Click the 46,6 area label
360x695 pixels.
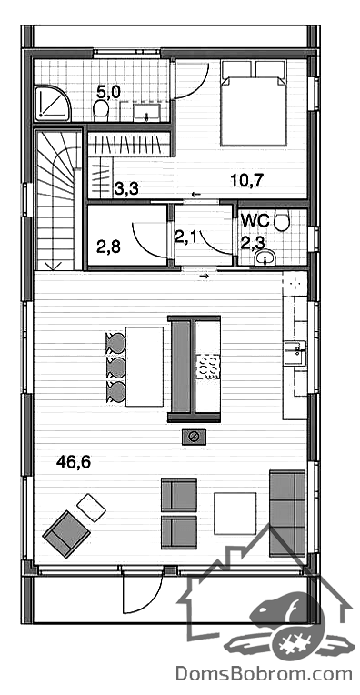point(74,462)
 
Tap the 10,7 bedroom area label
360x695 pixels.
point(247,180)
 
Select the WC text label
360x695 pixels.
point(255,220)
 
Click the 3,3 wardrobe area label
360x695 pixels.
point(126,189)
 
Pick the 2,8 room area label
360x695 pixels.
point(108,246)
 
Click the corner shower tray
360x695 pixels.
point(53,104)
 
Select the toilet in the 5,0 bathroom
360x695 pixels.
point(102,110)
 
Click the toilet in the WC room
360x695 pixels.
point(282,222)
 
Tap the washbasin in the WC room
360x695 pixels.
point(265,257)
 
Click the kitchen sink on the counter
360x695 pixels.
point(295,352)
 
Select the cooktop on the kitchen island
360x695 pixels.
point(208,367)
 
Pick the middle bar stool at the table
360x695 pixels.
point(115,366)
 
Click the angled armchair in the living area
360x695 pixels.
point(66,534)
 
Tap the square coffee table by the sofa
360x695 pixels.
point(235,514)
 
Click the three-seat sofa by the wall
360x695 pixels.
point(287,513)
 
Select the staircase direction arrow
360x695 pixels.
point(54,265)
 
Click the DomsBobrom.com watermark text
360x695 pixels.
point(264,674)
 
